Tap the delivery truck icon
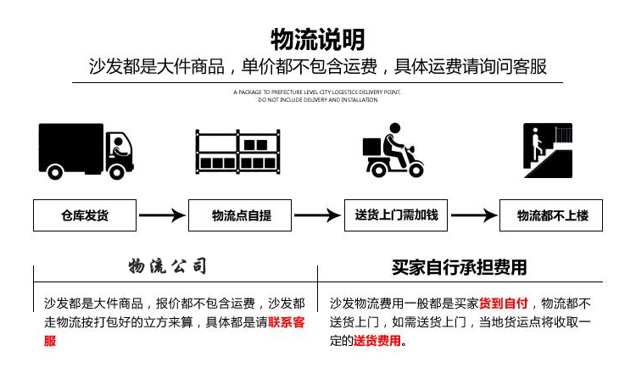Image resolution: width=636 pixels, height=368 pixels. click(x=86, y=150)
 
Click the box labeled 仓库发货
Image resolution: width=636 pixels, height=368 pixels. click(x=85, y=215)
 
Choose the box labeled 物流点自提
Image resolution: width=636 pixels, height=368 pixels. click(x=241, y=215)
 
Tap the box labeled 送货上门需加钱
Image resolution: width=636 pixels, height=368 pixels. click(x=396, y=215)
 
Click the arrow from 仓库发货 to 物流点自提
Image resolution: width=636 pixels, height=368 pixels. click(x=162, y=215)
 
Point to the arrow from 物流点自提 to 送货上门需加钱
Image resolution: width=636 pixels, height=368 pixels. click(x=317, y=215)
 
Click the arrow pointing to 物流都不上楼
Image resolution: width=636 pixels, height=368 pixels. click(x=473, y=215)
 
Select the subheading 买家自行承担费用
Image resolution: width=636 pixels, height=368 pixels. click(x=460, y=267)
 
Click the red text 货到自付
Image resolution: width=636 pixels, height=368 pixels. click(x=504, y=304)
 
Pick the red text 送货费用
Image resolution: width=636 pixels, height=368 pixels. click(x=377, y=341)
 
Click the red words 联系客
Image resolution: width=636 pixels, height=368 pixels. click(x=287, y=322)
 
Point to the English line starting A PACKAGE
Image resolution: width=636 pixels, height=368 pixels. click(x=317, y=91)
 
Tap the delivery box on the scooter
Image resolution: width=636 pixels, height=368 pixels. click(x=373, y=147)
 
